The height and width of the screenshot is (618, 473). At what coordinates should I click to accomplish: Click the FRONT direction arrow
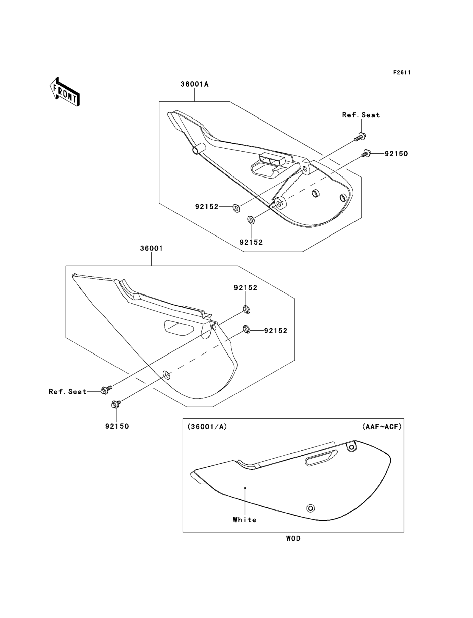click(65, 92)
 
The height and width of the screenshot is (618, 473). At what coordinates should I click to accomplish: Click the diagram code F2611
click(402, 73)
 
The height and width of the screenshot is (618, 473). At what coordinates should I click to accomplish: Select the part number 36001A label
click(195, 84)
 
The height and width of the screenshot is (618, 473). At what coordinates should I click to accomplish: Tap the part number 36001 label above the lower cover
click(151, 248)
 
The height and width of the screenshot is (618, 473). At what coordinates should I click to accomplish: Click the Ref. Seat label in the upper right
click(361, 115)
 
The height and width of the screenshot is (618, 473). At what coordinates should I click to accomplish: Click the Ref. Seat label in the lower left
click(68, 392)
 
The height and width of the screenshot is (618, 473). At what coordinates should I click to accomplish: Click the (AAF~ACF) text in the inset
click(382, 427)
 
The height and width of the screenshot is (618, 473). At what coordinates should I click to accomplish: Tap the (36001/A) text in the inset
click(207, 427)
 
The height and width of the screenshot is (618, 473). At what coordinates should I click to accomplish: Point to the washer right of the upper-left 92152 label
click(236, 208)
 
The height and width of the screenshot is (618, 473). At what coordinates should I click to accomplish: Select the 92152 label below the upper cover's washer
click(251, 242)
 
